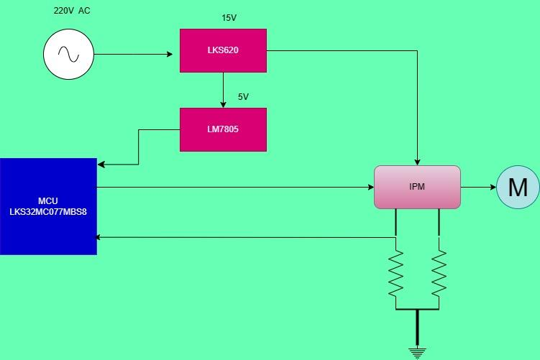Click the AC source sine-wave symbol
[68, 54]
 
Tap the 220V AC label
[72, 11]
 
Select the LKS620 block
[223, 50]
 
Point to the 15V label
[229, 16]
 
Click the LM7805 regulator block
[223, 129]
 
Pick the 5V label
[243, 96]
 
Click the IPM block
[417, 187]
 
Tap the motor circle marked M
[518, 187]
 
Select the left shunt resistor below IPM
[395, 273]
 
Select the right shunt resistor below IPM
[439, 273]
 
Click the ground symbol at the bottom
[417, 351]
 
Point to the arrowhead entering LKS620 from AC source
[175, 54]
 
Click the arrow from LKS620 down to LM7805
[223, 90]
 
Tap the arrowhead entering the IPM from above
[417, 161]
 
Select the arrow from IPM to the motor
[478, 187]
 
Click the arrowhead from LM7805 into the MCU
[101, 165]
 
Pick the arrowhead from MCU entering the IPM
[370, 187]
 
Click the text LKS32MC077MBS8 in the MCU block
[48, 213]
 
